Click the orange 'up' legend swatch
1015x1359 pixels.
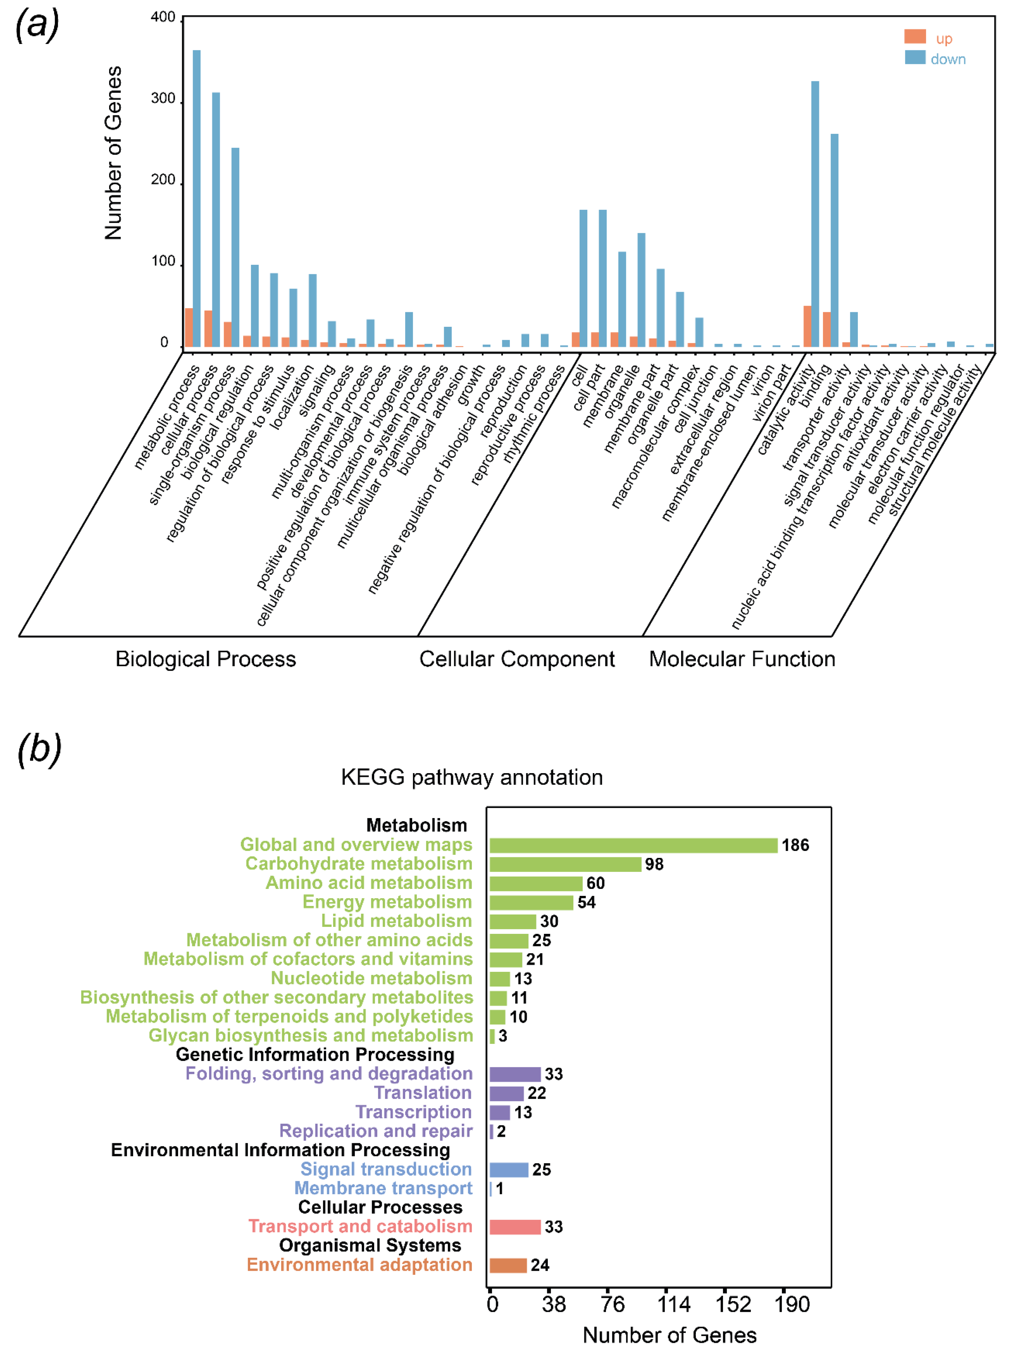click(x=915, y=37)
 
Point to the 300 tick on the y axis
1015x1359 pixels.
click(x=164, y=98)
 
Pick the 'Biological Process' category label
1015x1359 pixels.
click(x=206, y=659)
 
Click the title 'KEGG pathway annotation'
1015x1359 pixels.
click(x=472, y=777)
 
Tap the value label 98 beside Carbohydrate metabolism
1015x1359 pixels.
click(x=654, y=865)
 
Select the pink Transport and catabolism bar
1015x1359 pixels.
click(x=515, y=1227)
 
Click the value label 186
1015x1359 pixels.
click(x=796, y=845)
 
